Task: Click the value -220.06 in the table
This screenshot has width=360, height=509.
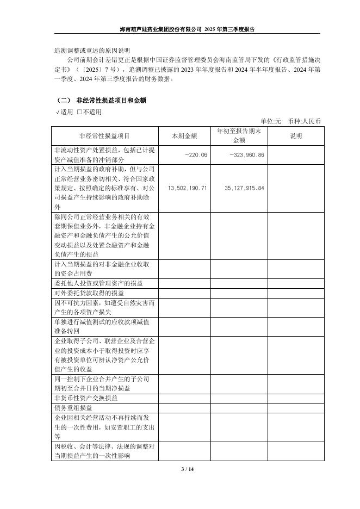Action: (196, 155)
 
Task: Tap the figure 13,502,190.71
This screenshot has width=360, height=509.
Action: (188, 188)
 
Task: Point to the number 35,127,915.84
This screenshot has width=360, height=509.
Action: (244, 188)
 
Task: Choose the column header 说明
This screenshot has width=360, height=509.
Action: (296, 136)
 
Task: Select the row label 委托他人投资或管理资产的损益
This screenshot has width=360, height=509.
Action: (98, 283)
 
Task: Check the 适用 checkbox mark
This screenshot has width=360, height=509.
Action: (57, 112)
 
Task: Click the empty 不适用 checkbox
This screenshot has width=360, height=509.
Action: (79, 112)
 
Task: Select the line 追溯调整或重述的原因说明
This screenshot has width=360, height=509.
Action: (84, 50)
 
